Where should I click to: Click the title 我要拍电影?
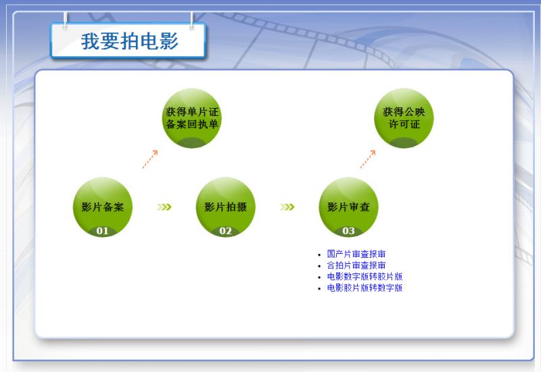coord(129,41)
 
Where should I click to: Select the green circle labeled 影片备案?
coord(103,207)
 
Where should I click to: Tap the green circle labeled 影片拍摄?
coord(226,207)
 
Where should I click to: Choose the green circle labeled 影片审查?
coord(348,207)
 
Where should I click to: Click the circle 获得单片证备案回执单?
coord(192,118)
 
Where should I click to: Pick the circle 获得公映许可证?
coord(404,118)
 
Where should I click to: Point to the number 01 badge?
coord(103,231)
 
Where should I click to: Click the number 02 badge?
coord(226,231)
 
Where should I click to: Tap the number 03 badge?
coord(348,231)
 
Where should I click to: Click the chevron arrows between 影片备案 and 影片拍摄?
coord(164,207)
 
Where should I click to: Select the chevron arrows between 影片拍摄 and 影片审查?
coord(287,207)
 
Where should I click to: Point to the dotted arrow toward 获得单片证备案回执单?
coord(150,159)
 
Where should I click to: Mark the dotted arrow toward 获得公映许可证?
coord(368,159)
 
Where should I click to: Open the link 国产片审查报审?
coord(356,254)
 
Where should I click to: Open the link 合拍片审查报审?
coord(356,265)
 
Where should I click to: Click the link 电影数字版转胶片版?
coord(364,277)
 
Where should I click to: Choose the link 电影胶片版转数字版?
coord(364,288)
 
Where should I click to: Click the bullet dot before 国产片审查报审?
coord(319,255)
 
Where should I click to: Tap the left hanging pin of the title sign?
coord(65,21)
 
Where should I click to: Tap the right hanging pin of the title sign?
coord(191,21)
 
